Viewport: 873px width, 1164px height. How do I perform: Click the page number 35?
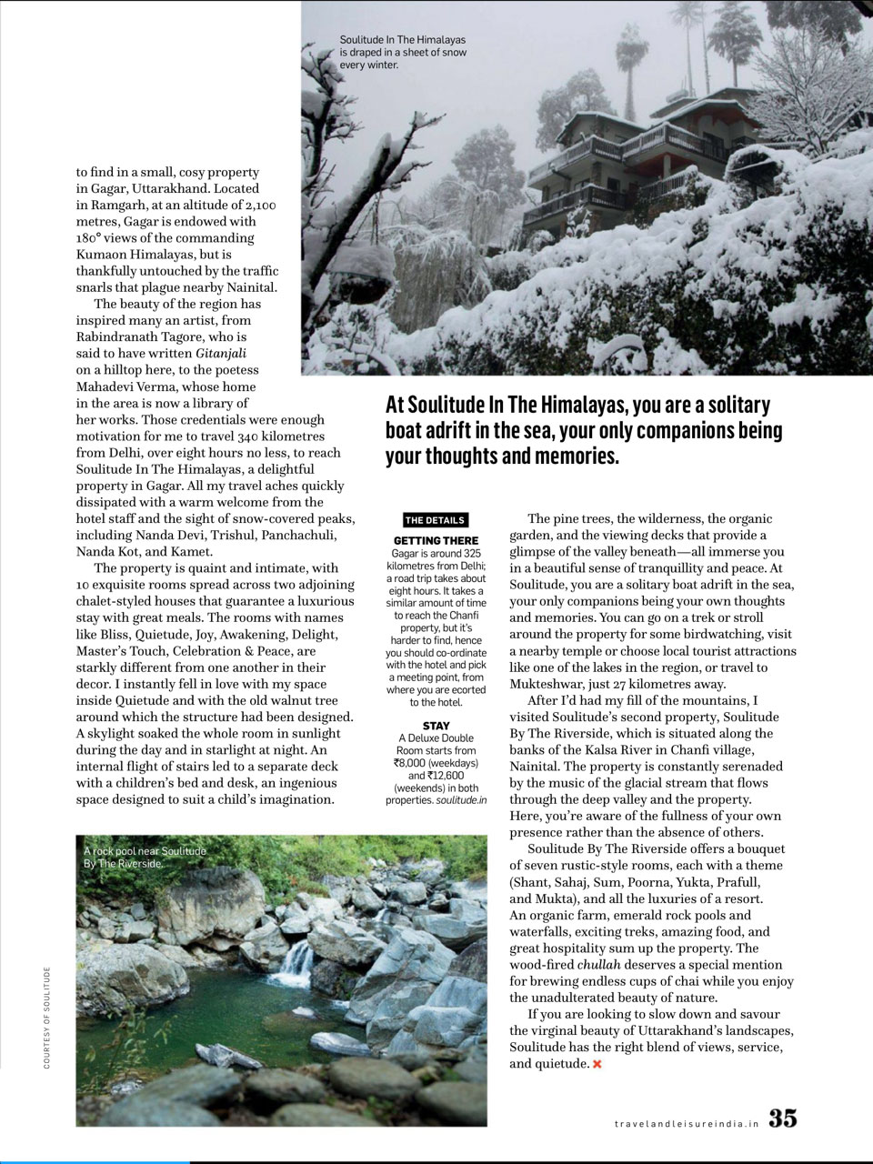pos(783,1119)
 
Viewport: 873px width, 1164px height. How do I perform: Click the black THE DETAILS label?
pos(435,520)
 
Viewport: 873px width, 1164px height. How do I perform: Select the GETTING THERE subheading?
pos(436,541)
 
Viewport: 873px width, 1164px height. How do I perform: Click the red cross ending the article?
pos(597,1064)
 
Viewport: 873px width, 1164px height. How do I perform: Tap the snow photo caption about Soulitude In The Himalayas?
pos(402,53)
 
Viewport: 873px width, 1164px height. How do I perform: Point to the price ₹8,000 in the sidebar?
pos(404,764)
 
